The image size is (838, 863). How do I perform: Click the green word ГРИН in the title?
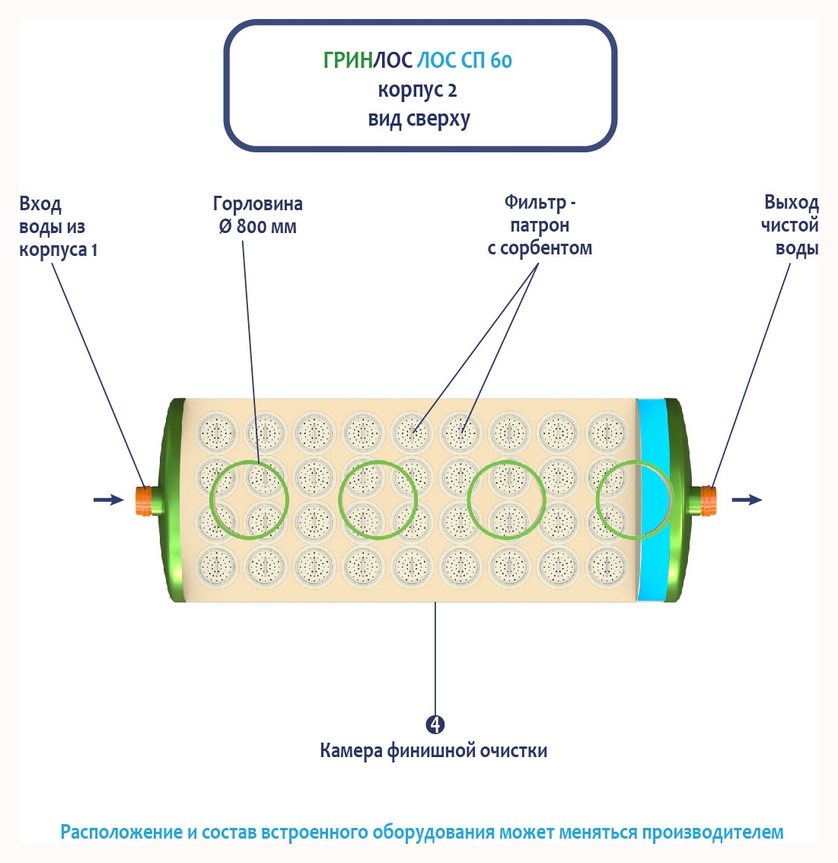[x=347, y=60]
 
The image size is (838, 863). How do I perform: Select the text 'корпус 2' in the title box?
[x=418, y=91]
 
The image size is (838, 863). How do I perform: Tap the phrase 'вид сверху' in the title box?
[x=419, y=120]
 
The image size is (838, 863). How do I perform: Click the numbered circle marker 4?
[x=435, y=724]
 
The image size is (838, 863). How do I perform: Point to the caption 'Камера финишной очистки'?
[x=433, y=751]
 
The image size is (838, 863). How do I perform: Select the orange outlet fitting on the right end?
[x=709, y=499]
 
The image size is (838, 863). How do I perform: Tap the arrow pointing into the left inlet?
[x=108, y=500]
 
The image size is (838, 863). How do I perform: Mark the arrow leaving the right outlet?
[x=747, y=500]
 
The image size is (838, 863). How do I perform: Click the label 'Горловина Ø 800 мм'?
[x=257, y=216]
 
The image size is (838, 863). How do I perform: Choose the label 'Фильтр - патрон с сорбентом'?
[x=540, y=225]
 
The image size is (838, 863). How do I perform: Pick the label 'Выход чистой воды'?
[x=790, y=225]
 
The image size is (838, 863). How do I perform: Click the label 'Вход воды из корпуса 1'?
[x=57, y=227]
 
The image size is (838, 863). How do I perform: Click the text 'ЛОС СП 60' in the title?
[x=464, y=60]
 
